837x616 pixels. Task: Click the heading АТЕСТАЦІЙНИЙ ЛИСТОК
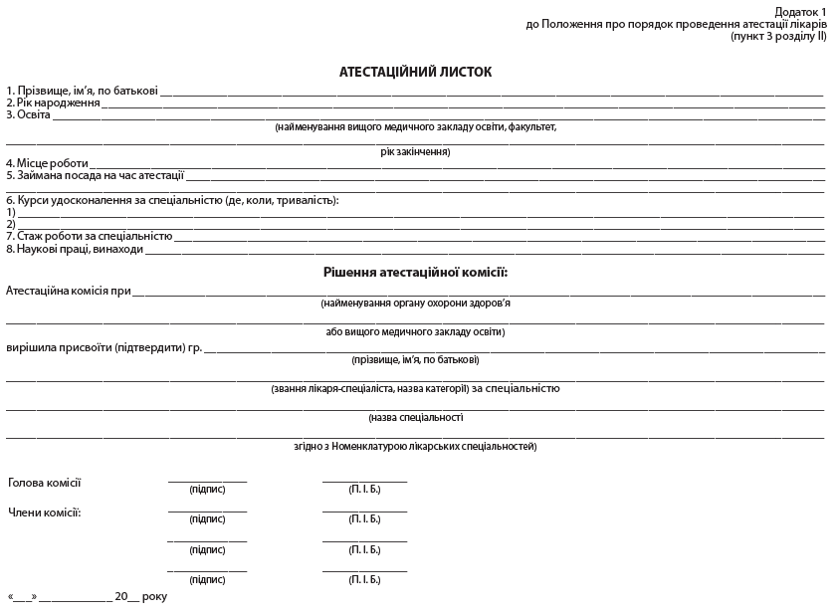pyautogui.click(x=415, y=72)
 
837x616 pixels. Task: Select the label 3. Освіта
pyautogui.click(x=28, y=114)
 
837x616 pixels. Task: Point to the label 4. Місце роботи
pyautogui.click(x=47, y=163)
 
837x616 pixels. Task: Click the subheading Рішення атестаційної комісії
pyautogui.click(x=415, y=272)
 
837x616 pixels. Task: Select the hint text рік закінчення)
pyautogui.click(x=415, y=151)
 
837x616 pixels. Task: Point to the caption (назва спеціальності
pyautogui.click(x=415, y=417)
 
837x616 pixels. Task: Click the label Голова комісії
pyautogui.click(x=45, y=483)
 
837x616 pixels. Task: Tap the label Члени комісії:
pyautogui.click(x=45, y=513)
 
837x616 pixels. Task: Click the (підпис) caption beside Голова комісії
pyautogui.click(x=207, y=489)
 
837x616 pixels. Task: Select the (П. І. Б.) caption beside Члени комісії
pyautogui.click(x=364, y=518)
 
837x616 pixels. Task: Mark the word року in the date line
pyautogui.click(x=154, y=596)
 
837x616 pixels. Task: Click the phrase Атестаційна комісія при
pyautogui.click(x=69, y=292)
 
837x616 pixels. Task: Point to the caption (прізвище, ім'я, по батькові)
pyautogui.click(x=415, y=359)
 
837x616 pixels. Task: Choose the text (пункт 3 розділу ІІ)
pyautogui.click(x=777, y=35)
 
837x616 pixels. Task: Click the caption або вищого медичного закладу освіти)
pyautogui.click(x=415, y=331)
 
